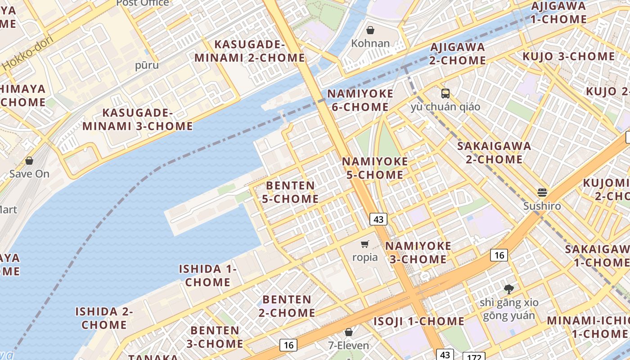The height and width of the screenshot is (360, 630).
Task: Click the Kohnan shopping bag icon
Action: coord(370,31)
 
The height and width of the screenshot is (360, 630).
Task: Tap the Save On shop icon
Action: coord(29,161)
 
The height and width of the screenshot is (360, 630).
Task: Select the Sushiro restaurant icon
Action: coord(542,193)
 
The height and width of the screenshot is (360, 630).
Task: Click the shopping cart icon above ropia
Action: coord(364,244)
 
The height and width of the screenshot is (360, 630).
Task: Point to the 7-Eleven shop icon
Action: coord(348,333)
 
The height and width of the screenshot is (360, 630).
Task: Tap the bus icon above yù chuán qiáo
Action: coord(445,94)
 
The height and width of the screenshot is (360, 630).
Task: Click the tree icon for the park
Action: coord(509,289)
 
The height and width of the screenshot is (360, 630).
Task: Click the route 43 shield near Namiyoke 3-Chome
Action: coord(378,219)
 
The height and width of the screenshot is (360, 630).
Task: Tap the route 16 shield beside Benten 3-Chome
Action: coord(288,345)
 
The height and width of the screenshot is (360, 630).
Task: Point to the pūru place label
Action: coord(147,65)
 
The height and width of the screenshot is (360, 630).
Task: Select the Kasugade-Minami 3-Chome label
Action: coord(137,119)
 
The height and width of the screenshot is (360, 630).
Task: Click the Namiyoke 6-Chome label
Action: coord(360,100)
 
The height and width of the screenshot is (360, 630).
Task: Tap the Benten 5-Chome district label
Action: coord(290,192)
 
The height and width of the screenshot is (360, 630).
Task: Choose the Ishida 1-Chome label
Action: coord(208,275)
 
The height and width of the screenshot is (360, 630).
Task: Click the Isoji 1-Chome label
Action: coord(418,321)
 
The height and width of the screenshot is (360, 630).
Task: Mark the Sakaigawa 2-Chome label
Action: coord(494,153)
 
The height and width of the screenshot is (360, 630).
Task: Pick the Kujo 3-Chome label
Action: coord(568,57)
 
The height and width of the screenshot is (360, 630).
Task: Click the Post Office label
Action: coord(143,3)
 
